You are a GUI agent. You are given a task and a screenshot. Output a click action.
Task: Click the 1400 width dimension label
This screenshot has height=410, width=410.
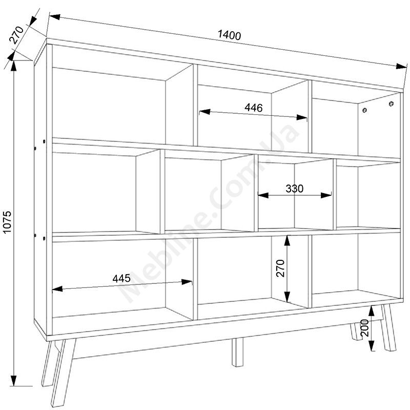pos(229,35)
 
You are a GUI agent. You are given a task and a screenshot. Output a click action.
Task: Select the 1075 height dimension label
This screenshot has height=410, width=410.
pos(7,222)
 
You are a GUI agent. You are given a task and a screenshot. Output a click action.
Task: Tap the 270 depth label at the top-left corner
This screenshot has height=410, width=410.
pos(16,35)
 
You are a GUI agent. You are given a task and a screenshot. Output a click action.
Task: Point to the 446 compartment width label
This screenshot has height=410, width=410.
pos(253,108)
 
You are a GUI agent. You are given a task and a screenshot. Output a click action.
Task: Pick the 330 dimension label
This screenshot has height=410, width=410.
pos(294,189)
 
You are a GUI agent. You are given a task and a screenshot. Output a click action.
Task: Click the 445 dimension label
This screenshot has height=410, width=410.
pos(121,278)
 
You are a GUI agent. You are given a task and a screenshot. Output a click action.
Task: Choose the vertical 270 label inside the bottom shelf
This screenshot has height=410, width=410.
pos(280,268)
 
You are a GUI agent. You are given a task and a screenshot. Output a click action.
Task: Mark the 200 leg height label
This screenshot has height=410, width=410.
pos(364,328)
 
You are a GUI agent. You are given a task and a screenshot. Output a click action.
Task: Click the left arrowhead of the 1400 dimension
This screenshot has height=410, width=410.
pos(55,17)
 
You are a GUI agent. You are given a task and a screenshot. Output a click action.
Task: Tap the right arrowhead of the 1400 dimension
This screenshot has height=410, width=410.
pos(401,67)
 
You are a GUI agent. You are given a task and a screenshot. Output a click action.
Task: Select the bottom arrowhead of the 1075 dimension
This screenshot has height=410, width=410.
pos(14,380)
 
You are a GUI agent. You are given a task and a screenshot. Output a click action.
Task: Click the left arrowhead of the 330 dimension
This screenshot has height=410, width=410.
pos(263,195)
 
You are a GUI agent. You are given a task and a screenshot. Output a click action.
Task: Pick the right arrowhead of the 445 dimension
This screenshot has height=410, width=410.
pos(187,282)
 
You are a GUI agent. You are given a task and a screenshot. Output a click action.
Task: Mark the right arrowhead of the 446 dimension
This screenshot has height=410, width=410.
pos(302,117)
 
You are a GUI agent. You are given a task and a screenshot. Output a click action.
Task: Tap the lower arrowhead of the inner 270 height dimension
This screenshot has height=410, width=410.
pos(288,297)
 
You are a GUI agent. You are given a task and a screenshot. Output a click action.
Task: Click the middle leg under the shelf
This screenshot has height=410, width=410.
pos(237,352)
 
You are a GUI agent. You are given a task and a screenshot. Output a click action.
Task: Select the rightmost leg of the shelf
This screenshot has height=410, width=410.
pos(388,328)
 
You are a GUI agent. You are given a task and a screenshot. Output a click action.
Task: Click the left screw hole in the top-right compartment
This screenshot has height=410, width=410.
pos(364,110)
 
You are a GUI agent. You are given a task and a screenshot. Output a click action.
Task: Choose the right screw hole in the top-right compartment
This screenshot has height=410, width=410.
pos(391,104)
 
